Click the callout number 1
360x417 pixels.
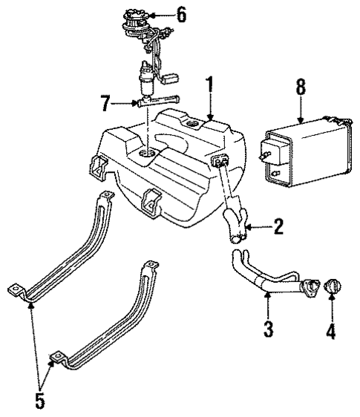[x=211, y=87]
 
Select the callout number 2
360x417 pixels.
[x=278, y=226]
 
